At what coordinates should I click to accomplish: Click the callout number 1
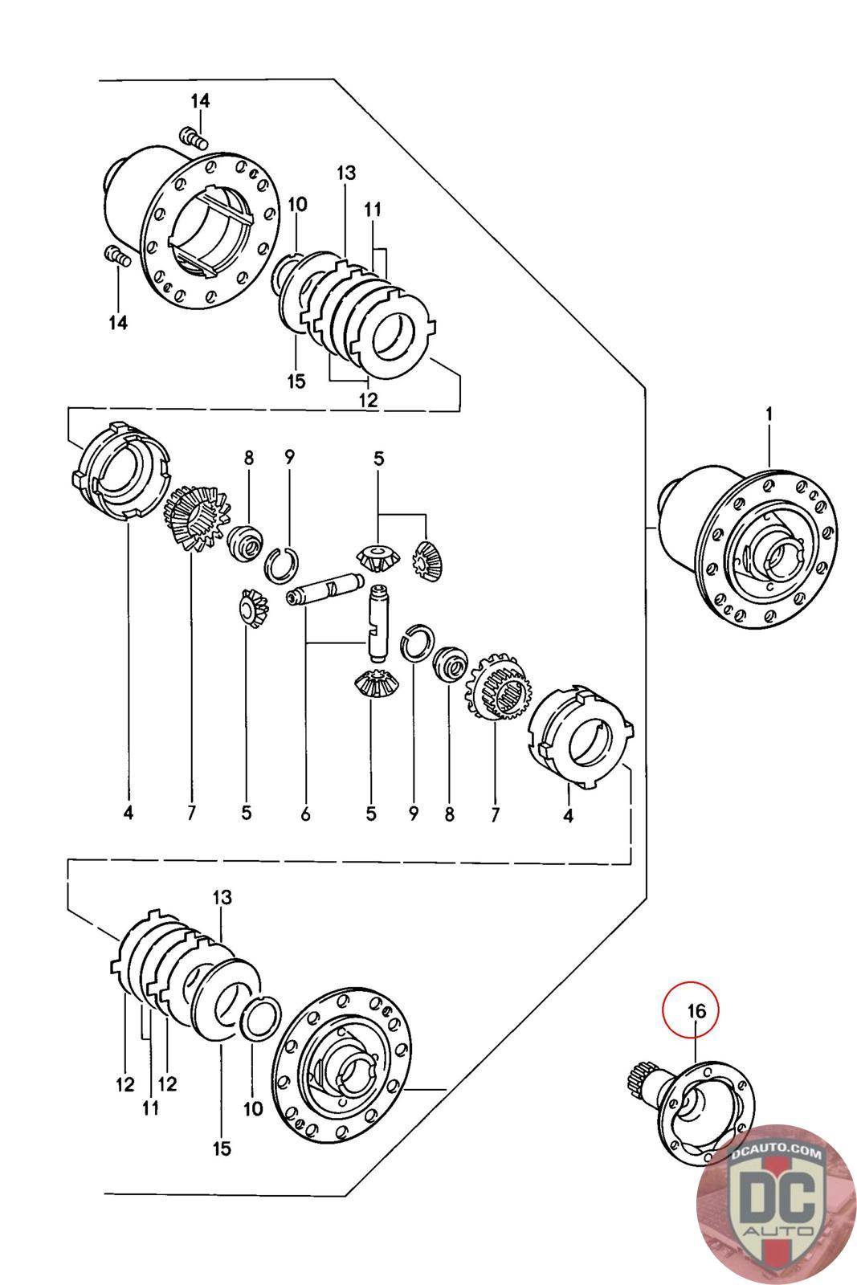pos(769,414)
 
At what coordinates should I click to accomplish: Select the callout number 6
pos(305,813)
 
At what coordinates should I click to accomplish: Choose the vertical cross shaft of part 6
pos(377,622)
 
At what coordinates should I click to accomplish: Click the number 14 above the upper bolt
pos(200,101)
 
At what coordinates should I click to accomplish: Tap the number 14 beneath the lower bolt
pos(118,322)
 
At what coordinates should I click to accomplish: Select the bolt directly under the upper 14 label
pos(194,138)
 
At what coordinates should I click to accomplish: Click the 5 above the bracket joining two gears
pos(378,459)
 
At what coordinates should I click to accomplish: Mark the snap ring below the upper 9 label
pos(282,565)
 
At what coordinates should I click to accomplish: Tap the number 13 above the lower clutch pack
pos(222,896)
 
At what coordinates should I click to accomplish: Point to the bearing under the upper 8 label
pos(246,542)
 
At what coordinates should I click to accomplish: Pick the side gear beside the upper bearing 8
pos(196,518)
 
